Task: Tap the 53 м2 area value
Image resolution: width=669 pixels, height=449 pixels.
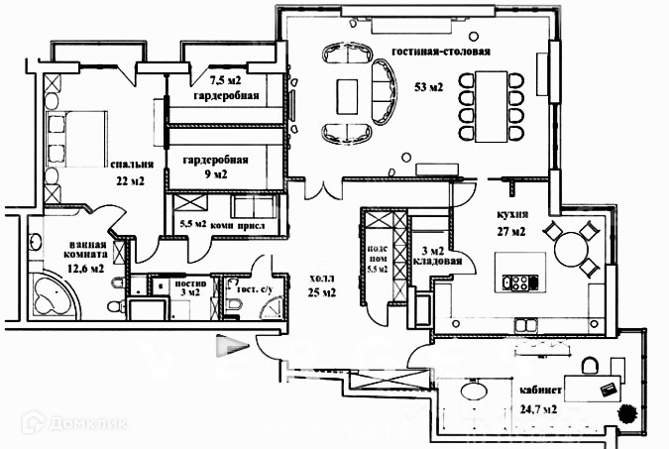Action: point(428,86)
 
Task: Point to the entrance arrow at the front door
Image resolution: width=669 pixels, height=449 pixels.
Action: point(231,346)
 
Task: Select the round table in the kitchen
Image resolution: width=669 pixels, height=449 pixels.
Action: point(576,248)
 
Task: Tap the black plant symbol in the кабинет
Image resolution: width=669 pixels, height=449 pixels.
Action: point(626,411)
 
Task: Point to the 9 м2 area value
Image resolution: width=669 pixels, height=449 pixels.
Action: point(215,174)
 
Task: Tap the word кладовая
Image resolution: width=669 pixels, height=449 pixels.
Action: point(436,265)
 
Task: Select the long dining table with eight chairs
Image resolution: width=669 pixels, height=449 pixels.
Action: point(491,105)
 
